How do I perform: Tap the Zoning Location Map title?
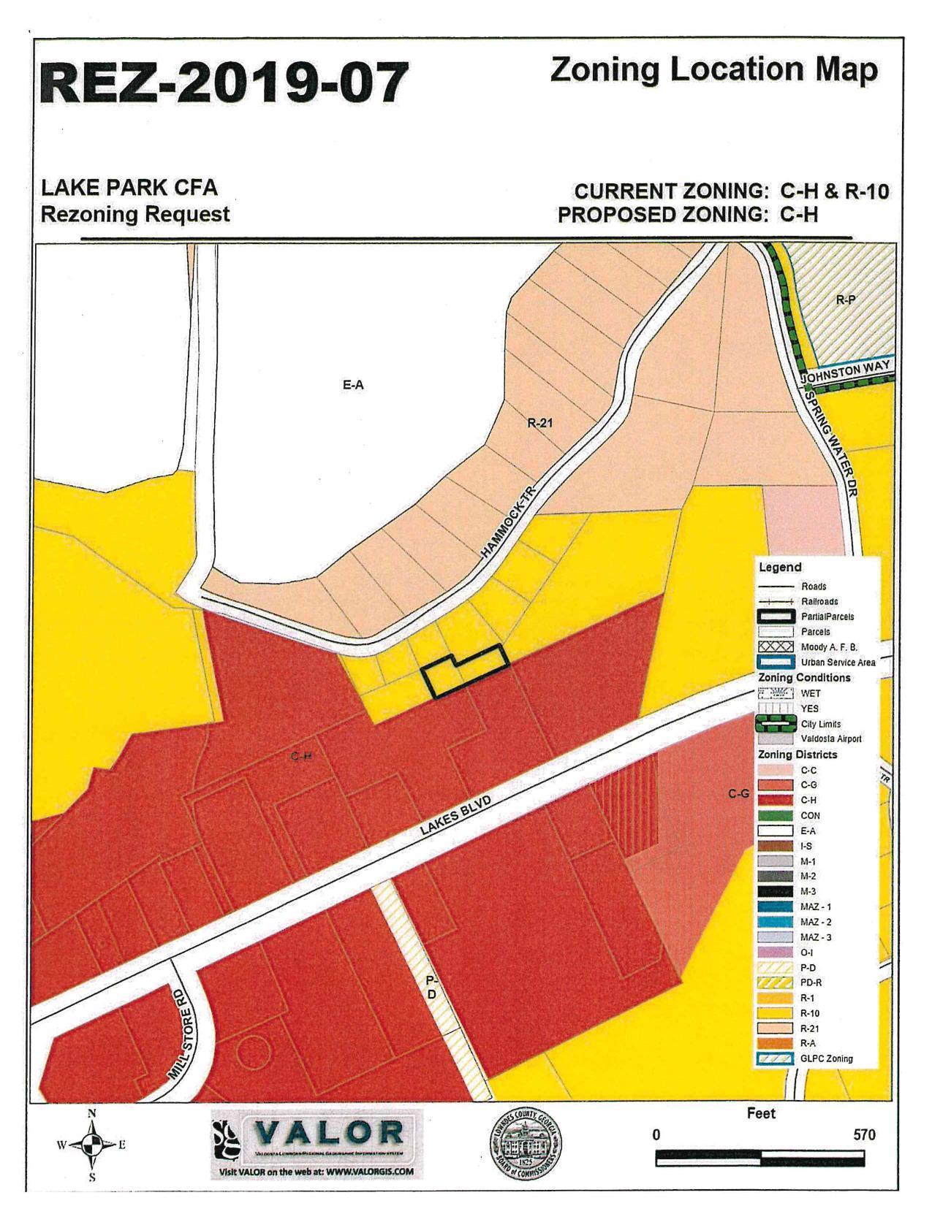click(x=713, y=70)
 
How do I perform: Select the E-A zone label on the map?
click(x=353, y=385)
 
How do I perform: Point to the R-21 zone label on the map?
click(x=540, y=421)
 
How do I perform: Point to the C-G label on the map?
click(x=738, y=793)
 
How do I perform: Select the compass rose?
click(x=92, y=1145)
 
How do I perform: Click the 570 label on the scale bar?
click(x=863, y=1135)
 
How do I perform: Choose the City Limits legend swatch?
click(x=776, y=724)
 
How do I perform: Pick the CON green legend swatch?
click(x=776, y=815)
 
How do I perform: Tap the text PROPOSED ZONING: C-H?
click(x=687, y=215)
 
